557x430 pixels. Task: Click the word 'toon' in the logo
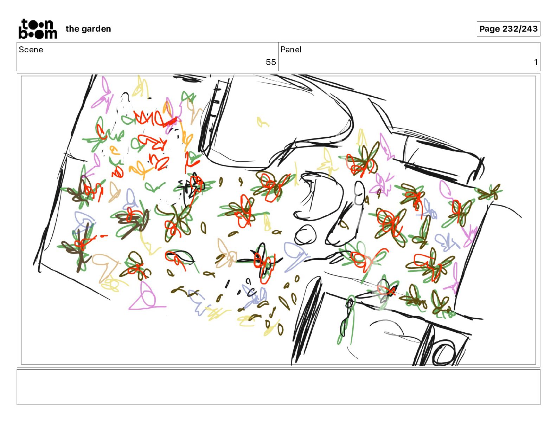coord(37,24)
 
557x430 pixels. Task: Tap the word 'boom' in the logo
coord(38,34)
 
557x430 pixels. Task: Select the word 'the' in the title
coord(72,29)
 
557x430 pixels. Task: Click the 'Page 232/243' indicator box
coord(508,29)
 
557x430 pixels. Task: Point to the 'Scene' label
coord(31,50)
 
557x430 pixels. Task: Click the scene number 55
coord(271,62)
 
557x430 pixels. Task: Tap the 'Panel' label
coord(291,50)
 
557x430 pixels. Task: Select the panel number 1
coord(536,62)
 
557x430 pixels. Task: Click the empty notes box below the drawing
coord(278,387)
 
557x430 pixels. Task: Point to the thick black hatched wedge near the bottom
coord(306,320)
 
